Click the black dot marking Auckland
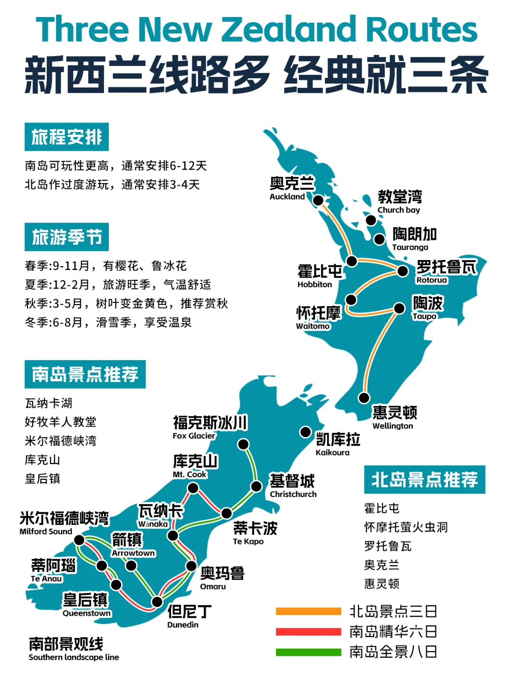click(x=318, y=200)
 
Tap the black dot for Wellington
click(x=364, y=397)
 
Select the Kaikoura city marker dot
click(x=305, y=432)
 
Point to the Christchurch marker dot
click(x=256, y=486)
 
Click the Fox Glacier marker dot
click(x=243, y=444)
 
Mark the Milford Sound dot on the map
click(x=79, y=540)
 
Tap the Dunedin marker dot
click(x=157, y=602)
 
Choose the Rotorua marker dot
click(x=403, y=271)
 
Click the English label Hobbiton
click(x=314, y=284)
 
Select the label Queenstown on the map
click(x=86, y=613)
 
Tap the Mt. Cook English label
click(x=190, y=474)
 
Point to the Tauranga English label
click(x=410, y=247)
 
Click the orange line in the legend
click(x=308, y=611)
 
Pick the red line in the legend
click(x=308, y=632)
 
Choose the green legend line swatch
click(x=308, y=652)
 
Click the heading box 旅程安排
click(x=66, y=137)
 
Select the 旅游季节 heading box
click(x=66, y=237)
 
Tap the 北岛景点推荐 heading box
click(x=424, y=479)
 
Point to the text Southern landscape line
click(x=74, y=657)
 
